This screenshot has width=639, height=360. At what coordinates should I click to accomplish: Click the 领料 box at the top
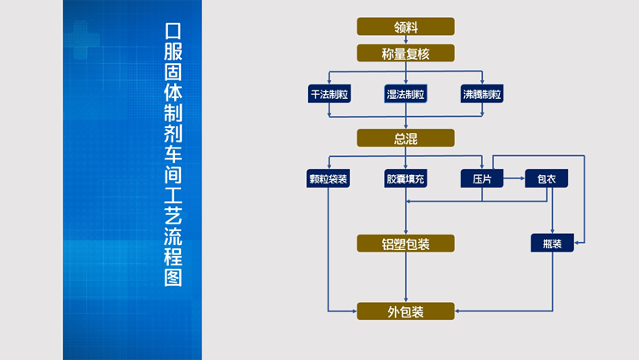tap(405, 26)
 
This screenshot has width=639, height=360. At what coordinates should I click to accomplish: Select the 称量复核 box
tap(405, 54)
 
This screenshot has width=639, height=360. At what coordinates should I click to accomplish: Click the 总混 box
tap(405, 138)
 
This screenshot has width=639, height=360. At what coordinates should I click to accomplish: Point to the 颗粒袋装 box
tap(328, 179)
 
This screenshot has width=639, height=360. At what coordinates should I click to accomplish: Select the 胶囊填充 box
tap(405, 179)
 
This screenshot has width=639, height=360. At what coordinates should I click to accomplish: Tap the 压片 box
tap(482, 179)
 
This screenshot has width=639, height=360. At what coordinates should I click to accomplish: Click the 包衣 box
tap(546, 179)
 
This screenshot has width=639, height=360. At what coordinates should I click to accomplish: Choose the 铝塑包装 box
tap(405, 244)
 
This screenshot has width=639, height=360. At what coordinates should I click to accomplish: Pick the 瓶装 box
tap(552, 244)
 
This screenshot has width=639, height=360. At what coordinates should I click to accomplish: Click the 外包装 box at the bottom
tap(405, 311)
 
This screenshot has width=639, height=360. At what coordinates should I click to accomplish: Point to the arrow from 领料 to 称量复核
tap(405, 40)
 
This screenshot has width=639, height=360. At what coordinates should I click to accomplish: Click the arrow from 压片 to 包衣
tap(514, 179)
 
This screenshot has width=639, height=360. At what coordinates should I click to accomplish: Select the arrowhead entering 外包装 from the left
tap(353, 311)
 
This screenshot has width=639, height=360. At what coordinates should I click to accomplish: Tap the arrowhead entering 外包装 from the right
tap(458, 311)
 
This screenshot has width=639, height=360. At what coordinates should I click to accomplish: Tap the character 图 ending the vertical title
tap(173, 277)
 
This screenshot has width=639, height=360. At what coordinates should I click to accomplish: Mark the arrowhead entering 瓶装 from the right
tap(578, 244)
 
